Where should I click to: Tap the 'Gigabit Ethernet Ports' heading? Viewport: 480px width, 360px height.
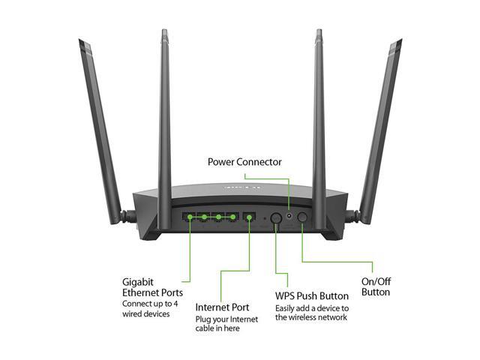152,286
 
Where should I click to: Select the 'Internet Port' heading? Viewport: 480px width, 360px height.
223,307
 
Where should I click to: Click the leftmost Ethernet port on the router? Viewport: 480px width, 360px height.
190,217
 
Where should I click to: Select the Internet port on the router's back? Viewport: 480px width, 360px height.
249,217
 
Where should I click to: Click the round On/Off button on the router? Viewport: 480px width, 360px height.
303,217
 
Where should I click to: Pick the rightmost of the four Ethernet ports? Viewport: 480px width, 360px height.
232,217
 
